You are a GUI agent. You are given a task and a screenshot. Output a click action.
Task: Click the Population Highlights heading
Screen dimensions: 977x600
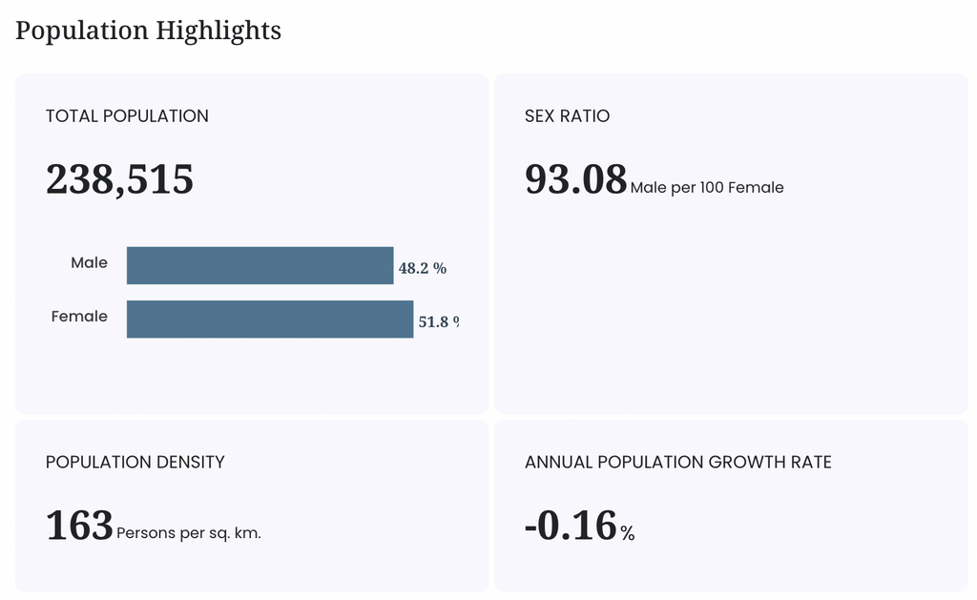(x=148, y=31)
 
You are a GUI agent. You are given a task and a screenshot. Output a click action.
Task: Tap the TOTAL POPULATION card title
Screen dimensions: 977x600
(x=127, y=115)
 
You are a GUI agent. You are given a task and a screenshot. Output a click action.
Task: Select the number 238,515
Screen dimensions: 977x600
(x=119, y=179)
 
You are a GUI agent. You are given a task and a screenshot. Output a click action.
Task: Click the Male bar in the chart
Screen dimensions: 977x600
(x=260, y=265)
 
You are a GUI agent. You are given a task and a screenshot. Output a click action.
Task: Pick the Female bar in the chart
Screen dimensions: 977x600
(x=270, y=319)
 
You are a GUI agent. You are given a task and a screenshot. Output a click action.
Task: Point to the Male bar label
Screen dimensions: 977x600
(x=89, y=262)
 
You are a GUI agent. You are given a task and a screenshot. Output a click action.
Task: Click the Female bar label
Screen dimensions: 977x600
(x=79, y=316)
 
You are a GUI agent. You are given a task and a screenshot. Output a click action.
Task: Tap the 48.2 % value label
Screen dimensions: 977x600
(x=423, y=268)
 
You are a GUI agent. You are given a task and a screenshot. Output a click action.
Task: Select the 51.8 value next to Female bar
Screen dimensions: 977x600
(x=434, y=321)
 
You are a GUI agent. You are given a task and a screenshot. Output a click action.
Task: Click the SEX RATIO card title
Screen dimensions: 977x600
(x=567, y=115)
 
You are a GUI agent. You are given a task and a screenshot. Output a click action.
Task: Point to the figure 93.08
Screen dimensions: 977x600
(x=575, y=179)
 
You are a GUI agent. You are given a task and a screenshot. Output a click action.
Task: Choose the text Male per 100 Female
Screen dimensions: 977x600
(x=707, y=188)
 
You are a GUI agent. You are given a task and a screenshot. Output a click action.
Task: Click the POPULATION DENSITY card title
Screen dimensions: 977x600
(x=135, y=462)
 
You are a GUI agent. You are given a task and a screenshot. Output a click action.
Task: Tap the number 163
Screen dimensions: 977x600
(x=79, y=526)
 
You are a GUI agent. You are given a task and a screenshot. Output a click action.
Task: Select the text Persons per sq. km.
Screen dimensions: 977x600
(x=189, y=533)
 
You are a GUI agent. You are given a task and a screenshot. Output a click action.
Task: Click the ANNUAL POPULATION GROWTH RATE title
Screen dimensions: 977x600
(x=678, y=462)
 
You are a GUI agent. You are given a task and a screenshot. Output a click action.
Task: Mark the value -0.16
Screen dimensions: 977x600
(x=571, y=526)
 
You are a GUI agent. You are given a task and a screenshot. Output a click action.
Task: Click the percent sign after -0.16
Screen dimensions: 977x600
(x=628, y=532)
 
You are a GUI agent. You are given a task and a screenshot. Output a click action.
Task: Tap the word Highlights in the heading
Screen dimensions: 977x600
(x=218, y=31)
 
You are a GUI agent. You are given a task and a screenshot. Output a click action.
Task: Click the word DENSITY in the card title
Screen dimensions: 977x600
(x=190, y=462)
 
